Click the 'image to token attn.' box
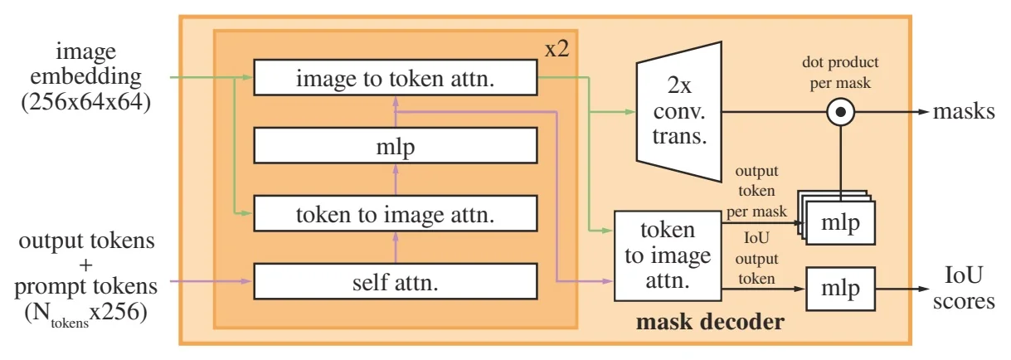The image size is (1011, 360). click(x=396, y=78)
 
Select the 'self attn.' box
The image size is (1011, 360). click(x=396, y=282)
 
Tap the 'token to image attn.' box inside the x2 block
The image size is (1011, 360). click(x=396, y=214)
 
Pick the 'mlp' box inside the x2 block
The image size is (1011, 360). click(x=396, y=146)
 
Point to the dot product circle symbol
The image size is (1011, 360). click(x=841, y=110)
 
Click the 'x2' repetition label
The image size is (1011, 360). click(x=556, y=48)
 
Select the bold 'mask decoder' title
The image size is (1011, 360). click(x=709, y=321)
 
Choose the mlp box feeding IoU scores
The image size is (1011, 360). click(x=840, y=289)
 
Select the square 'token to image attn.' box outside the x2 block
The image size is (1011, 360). click(x=667, y=255)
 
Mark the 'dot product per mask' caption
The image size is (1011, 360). click(x=839, y=72)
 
